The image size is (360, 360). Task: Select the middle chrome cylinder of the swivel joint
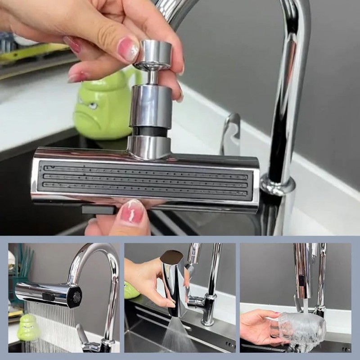point(151,105)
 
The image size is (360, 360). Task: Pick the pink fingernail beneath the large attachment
point(131,212)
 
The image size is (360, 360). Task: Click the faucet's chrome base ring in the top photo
point(277,185)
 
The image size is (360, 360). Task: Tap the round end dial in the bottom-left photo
point(76,296)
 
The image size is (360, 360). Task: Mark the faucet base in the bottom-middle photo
point(208,315)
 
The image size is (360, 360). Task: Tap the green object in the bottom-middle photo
point(131,290)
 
